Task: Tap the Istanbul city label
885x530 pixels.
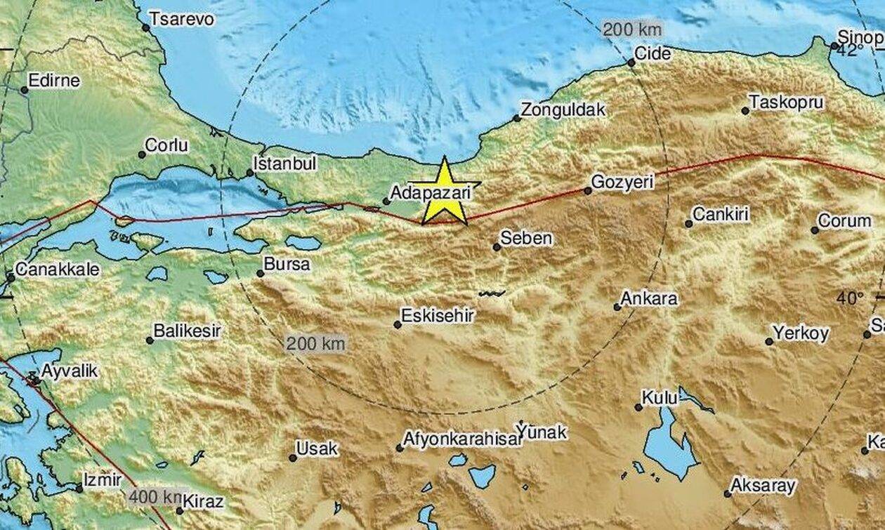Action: point(284,164)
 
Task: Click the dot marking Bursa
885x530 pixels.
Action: point(261,274)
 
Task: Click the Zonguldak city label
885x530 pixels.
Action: point(563,110)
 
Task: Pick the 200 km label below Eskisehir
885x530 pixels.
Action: point(315,344)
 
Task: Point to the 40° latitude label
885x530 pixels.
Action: point(850,298)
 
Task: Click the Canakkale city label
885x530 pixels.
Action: point(58,270)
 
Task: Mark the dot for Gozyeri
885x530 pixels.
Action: point(588,190)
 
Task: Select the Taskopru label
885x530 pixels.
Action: point(786,102)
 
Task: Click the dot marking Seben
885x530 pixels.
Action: point(497,247)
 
